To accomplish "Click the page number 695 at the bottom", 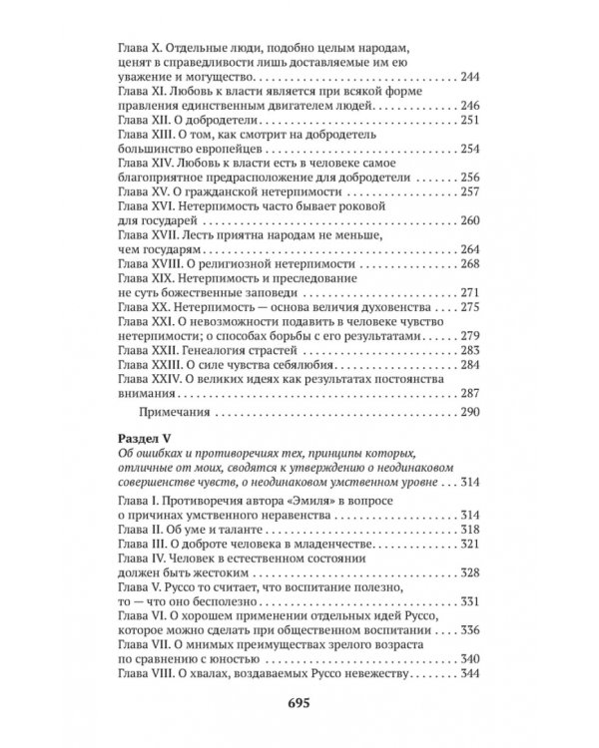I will pyautogui.click(x=299, y=705).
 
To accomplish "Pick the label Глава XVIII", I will pyautogui.click(x=149, y=263).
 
